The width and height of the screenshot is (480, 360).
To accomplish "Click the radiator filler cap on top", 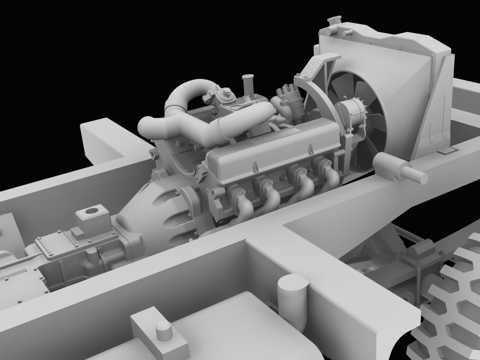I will click(x=334, y=22).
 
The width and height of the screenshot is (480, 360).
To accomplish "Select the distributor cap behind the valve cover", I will click(x=285, y=91).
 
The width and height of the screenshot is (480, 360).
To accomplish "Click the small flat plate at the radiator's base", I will click(x=447, y=150).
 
